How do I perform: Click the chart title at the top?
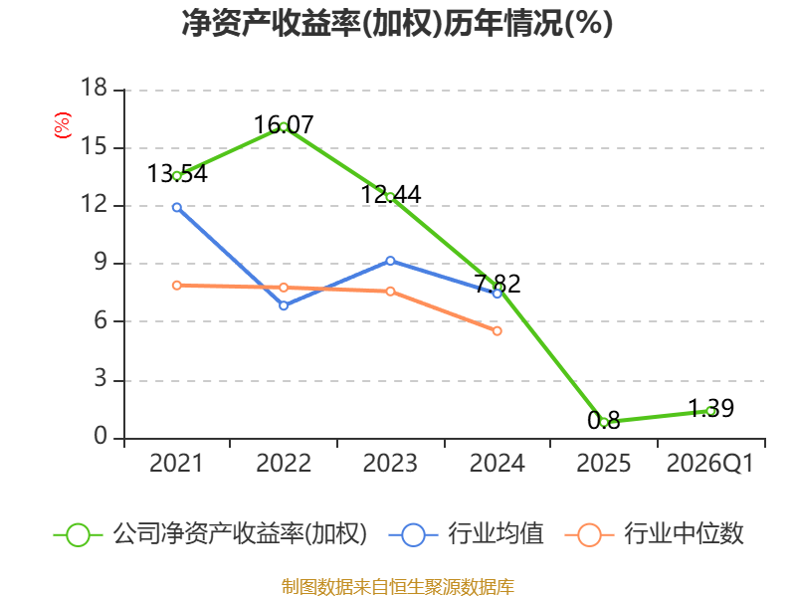(x=397, y=23)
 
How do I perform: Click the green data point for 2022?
(x=284, y=127)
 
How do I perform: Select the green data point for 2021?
(x=177, y=176)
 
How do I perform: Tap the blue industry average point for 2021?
(x=177, y=207)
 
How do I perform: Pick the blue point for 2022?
(x=284, y=305)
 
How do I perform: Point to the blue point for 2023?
(x=390, y=261)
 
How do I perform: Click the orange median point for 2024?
(x=497, y=331)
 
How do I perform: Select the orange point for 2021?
(x=177, y=286)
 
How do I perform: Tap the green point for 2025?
(x=604, y=422)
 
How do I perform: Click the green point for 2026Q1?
(x=711, y=411)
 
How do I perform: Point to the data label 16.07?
(x=284, y=125)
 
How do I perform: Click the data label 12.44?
(x=391, y=194)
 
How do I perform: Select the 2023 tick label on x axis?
(x=390, y=463)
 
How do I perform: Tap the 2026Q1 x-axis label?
(x=710, y=463)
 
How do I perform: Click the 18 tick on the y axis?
(x=94, y=88)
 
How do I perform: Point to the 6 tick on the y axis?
(x=100, y=320)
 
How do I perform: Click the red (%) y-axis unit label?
(x=63, y=125)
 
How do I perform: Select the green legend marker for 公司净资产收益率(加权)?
(x=79, y=535)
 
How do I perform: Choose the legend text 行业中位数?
(x=684, y=534)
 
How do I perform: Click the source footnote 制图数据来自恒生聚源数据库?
(x=398, y=587)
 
